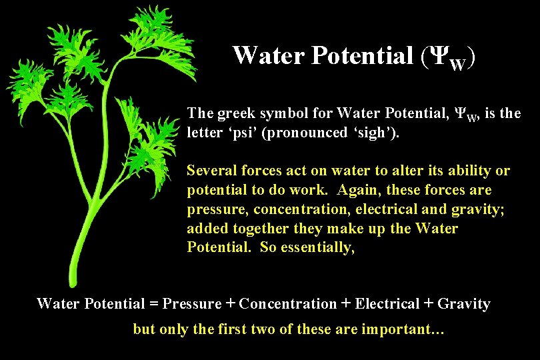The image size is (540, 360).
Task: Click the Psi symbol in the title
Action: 435,55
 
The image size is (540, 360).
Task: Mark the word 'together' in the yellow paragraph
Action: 252,229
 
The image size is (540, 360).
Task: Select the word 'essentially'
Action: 316,248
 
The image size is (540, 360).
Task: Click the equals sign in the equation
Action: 154,304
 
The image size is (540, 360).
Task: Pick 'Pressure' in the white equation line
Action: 192,304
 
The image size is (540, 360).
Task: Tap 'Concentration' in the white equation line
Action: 288,304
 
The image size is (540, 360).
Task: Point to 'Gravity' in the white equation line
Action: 465,304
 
